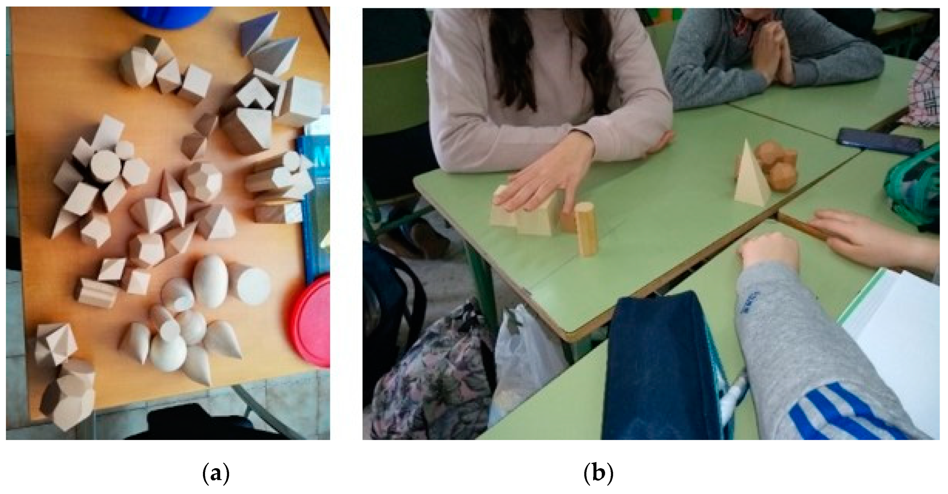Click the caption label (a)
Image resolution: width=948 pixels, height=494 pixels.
(x=216, y=475)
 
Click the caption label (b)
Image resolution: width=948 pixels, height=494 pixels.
(x=599, y=475)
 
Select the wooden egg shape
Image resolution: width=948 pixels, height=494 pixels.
(x=210, y=281)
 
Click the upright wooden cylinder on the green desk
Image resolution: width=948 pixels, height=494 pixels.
(x=586, y=229)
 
